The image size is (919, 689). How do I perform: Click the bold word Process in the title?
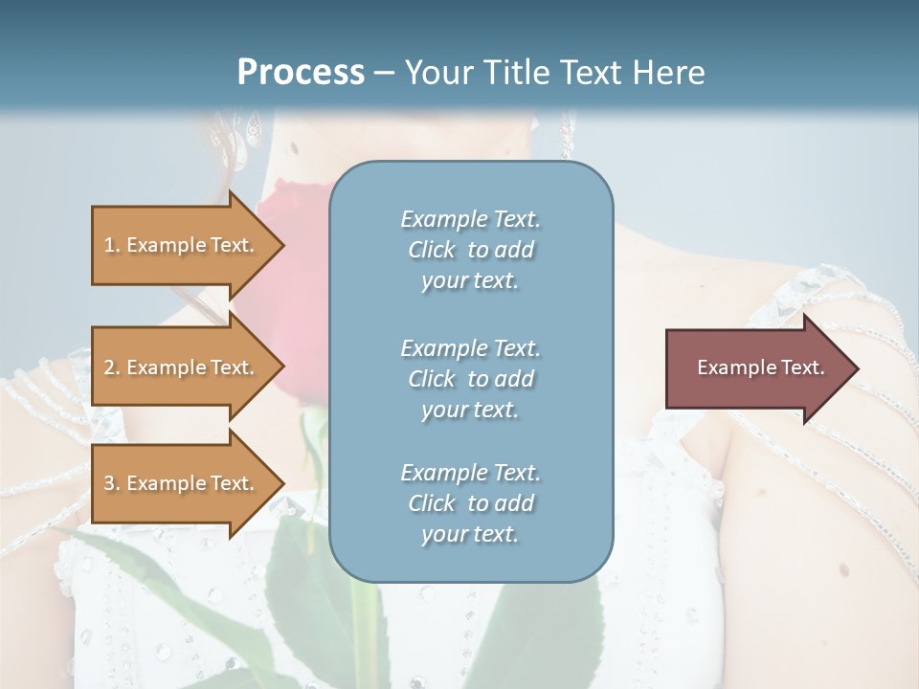(301, 73)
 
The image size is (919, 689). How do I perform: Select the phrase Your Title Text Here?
(554, 73)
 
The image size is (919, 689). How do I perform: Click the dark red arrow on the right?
(756, 368)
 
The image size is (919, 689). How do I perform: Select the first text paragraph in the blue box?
(470, 250)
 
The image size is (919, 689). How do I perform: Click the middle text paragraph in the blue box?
(470, 378)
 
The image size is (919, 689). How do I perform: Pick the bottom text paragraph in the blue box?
(470, 502)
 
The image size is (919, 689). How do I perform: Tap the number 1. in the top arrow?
(112, 245)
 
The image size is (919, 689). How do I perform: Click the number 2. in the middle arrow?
(112, 367)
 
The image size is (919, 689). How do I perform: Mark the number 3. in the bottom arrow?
(112, 483)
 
